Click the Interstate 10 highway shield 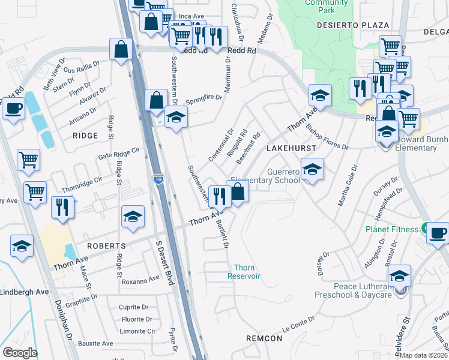(x=158, y=179)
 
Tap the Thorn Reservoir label (x=244, y=272)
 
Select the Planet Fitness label (x=392, y=229)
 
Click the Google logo (x=20, y=353)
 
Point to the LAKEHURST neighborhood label (x=285, y=147)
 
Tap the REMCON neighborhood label (x=264, y=338)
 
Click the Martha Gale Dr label (x=348, y=185)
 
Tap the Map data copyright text (x=424, y=355)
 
